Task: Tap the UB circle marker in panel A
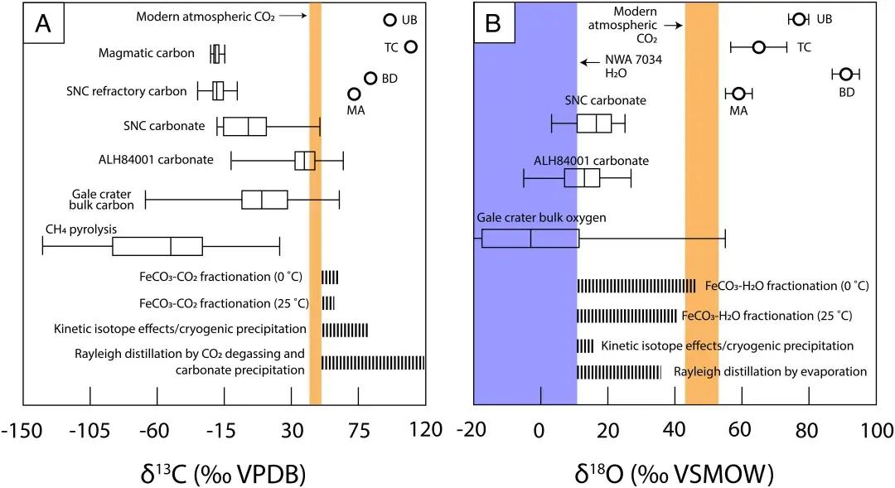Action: click(390, 21)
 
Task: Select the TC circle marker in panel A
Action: click(410, 47)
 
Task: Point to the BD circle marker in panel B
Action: click(846, 75)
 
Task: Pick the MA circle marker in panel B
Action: click(738, 94)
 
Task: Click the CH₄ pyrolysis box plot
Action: click(157, 246)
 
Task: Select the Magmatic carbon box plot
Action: click(217, 54)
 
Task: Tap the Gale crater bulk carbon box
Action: click(264, 200)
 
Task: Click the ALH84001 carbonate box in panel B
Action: click(582, 178)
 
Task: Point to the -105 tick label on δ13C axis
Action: click(89, 432)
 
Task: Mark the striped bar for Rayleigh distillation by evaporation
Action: click(619, 372)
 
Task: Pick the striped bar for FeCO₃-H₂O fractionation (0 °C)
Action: click(636, 286)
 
